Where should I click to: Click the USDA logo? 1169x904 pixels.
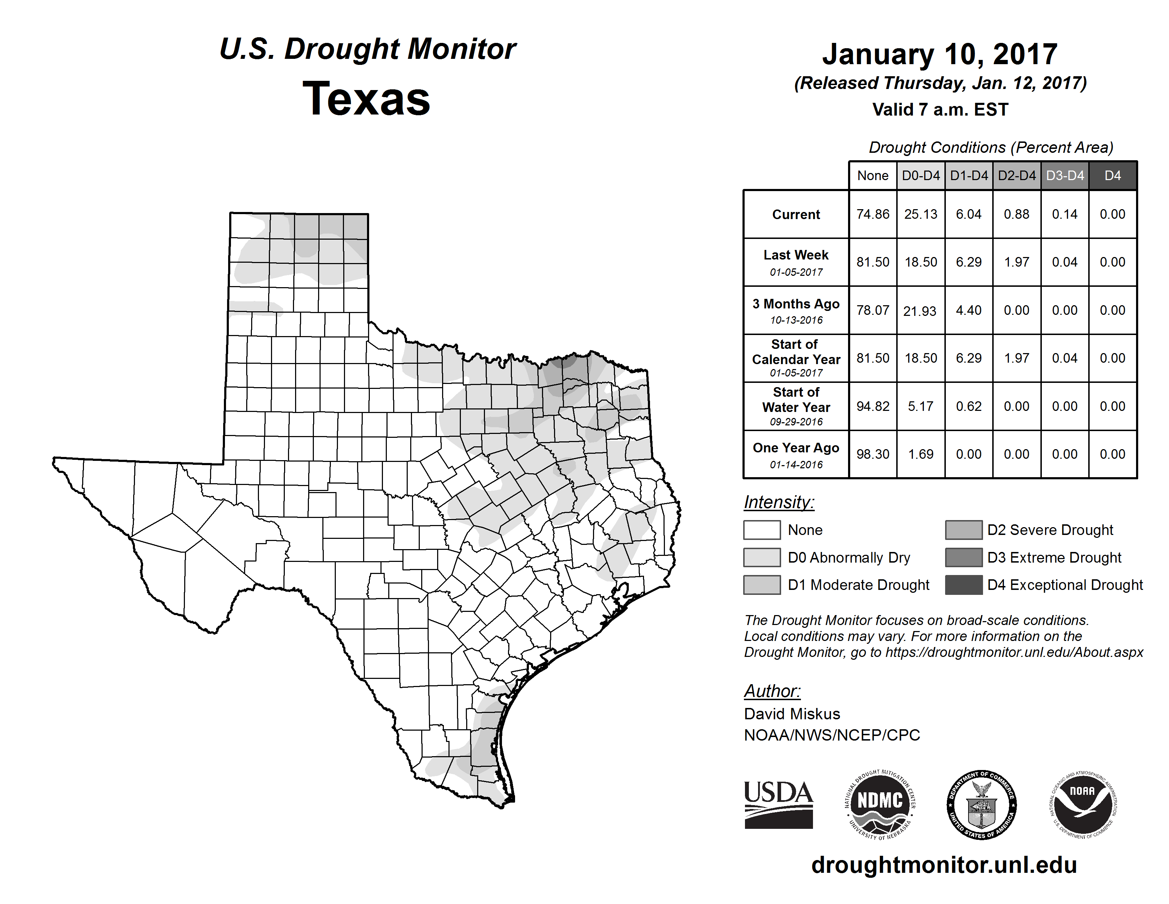tap(778, 804)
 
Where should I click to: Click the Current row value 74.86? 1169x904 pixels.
tap(872, 214)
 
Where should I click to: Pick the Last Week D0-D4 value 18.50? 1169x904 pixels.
tap(921, 262)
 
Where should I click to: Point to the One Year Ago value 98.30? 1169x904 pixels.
tap(872, 454)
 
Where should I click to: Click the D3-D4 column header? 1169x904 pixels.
tap(1064, 175)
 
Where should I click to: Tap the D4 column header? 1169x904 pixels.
tap(1112, 175)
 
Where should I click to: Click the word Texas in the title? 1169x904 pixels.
tap(366, 99)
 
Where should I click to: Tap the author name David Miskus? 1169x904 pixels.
tap(792, 714)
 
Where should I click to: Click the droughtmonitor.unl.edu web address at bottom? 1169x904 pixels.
tap(944, 865)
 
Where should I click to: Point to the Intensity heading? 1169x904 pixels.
tap(779, 502)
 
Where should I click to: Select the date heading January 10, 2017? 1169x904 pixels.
tap(939, 54)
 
